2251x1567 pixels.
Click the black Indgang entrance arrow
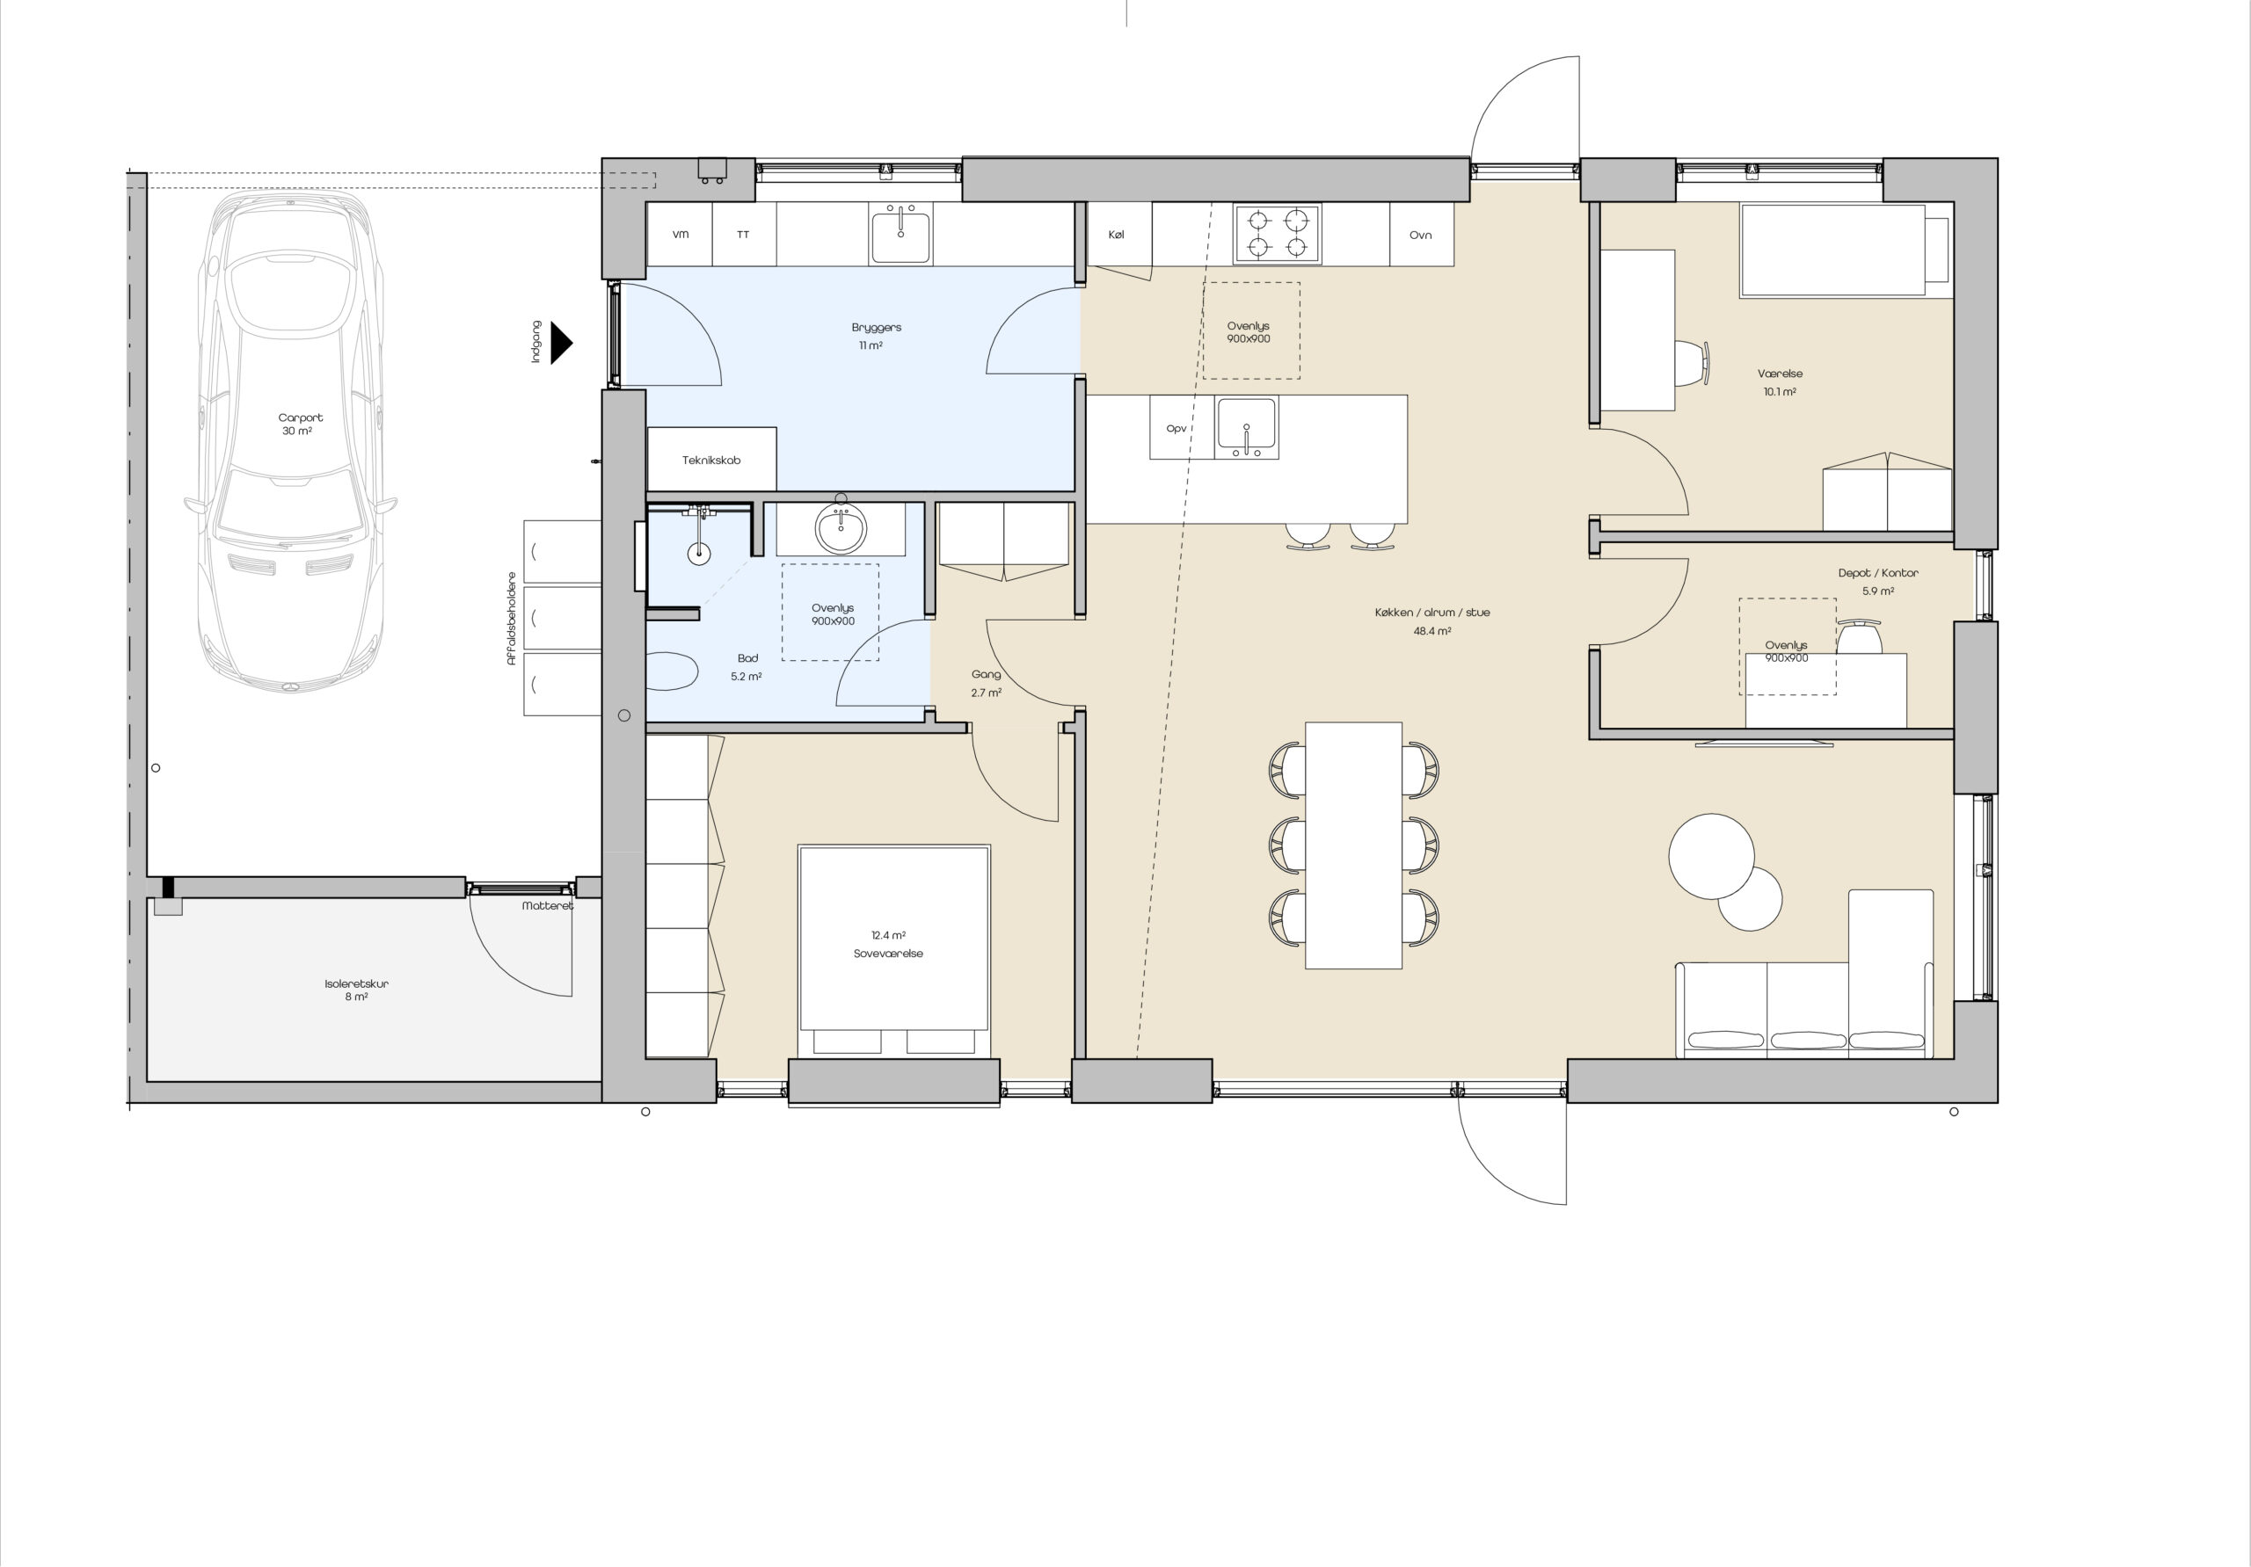tap(561, 343)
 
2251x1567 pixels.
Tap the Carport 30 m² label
tap(299, 424)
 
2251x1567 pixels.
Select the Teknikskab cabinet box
tap(711, 459)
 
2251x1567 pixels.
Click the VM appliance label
tap(681, 235)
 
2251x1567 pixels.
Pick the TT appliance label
tap(743, 235)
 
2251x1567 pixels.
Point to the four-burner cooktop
tap(1278, 235)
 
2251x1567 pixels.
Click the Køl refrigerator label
tap(1116, 235)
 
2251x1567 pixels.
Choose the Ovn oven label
tap(1421, 235)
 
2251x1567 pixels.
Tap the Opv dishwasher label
tap(1176, 428)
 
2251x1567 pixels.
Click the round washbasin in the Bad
tap(841, 529)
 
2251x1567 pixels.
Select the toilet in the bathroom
tap(672, 672)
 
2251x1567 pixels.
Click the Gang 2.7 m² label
tap(987, 683)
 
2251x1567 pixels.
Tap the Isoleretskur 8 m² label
tap(356, 990)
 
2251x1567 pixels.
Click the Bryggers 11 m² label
tap(876, 336)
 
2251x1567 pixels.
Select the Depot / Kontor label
tap(1877, 572)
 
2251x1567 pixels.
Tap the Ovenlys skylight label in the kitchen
tap(1248, 332)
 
